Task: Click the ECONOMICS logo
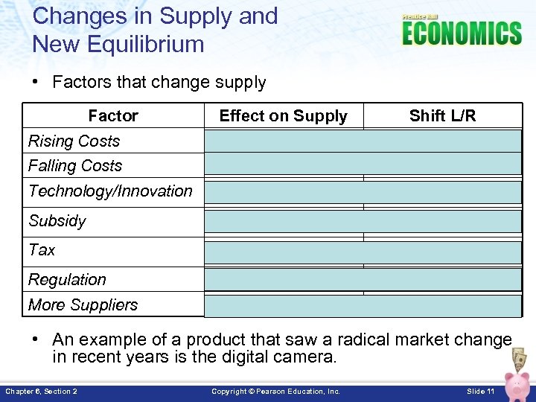click(x=462, y=33)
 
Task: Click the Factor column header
click(x=113, y=116)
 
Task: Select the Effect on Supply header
click(x=283, y=116)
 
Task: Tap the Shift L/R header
click(x=442, y=116)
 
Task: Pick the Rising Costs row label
click(x=74, y=141)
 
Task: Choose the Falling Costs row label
click(x=74, y=166)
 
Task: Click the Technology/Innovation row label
click(x=110, y=191)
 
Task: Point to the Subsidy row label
click(x=57, y=221)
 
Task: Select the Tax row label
click(x=42, y=250)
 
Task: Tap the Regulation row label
click(x=67, y=280)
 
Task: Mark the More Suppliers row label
click(x=83, y=305)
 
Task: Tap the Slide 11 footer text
click(x=480, y=392)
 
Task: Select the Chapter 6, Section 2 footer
click(x=41, y=392)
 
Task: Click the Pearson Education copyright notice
click(x=275, y=392)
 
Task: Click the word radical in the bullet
click(x=363, y=339)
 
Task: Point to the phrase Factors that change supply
click(x=159, y=83)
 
